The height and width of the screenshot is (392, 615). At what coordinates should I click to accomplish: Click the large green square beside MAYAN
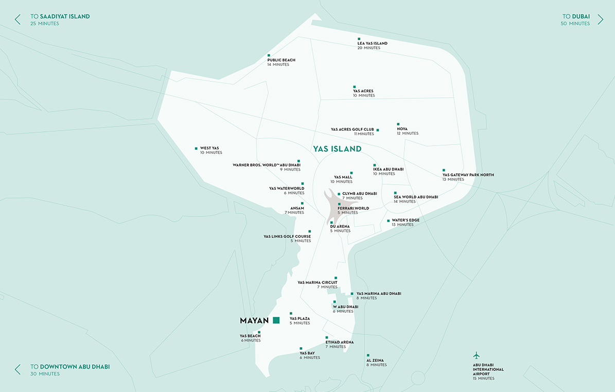click(x=276, y=320)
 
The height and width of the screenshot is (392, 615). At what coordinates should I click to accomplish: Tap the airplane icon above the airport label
click(x=476, y=355)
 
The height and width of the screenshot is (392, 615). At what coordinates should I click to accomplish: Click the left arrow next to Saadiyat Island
click(x=17, y=20)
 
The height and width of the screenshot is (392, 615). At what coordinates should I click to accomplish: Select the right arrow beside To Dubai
click(x=600, y=20)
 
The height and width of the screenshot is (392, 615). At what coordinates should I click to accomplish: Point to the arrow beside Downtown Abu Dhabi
click(x=17, y=369)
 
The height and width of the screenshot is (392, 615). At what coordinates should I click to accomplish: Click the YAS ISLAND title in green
click(x=337, y=149)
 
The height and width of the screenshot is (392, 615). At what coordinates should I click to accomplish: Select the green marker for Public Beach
click(x=269, y=55)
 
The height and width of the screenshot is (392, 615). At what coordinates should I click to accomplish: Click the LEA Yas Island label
click(x=372, y=43)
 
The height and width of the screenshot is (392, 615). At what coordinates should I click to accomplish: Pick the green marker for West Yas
click(x=196, y=148)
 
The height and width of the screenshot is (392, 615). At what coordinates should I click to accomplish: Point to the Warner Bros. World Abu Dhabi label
click(x=267, y=165)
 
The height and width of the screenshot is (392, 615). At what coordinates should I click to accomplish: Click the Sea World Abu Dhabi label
click(x=416, y=197)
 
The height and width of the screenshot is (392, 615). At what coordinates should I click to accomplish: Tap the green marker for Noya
click(x=398, y=124)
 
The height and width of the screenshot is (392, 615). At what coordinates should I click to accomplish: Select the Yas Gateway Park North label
click(x=468, y=175)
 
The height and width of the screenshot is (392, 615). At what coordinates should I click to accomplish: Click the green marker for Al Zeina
click(x=368, y=355)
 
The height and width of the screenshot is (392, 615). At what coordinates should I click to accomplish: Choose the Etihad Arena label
click(x=339, y=342)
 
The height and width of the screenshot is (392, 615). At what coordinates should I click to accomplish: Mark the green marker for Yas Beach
click(x=259, y=332)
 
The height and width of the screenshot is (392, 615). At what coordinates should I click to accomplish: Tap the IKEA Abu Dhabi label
click(x=388, y=169)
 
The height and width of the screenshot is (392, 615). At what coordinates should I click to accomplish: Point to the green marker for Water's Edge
click(x=388, y=221)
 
